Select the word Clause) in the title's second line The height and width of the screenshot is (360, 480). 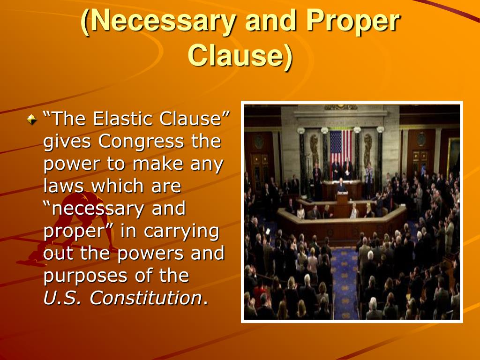click(x=240, y=56)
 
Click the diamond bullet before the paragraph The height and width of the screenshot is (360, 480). click(x=31, y=120)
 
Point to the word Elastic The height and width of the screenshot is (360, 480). click(x=122, y=119)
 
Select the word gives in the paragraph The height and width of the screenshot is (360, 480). click(x=67, y=142)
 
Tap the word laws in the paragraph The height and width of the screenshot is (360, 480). click(x=64, y=186)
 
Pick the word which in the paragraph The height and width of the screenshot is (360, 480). click(x=112, y=186)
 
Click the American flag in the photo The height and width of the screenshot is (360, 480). click(x=341, y=146)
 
